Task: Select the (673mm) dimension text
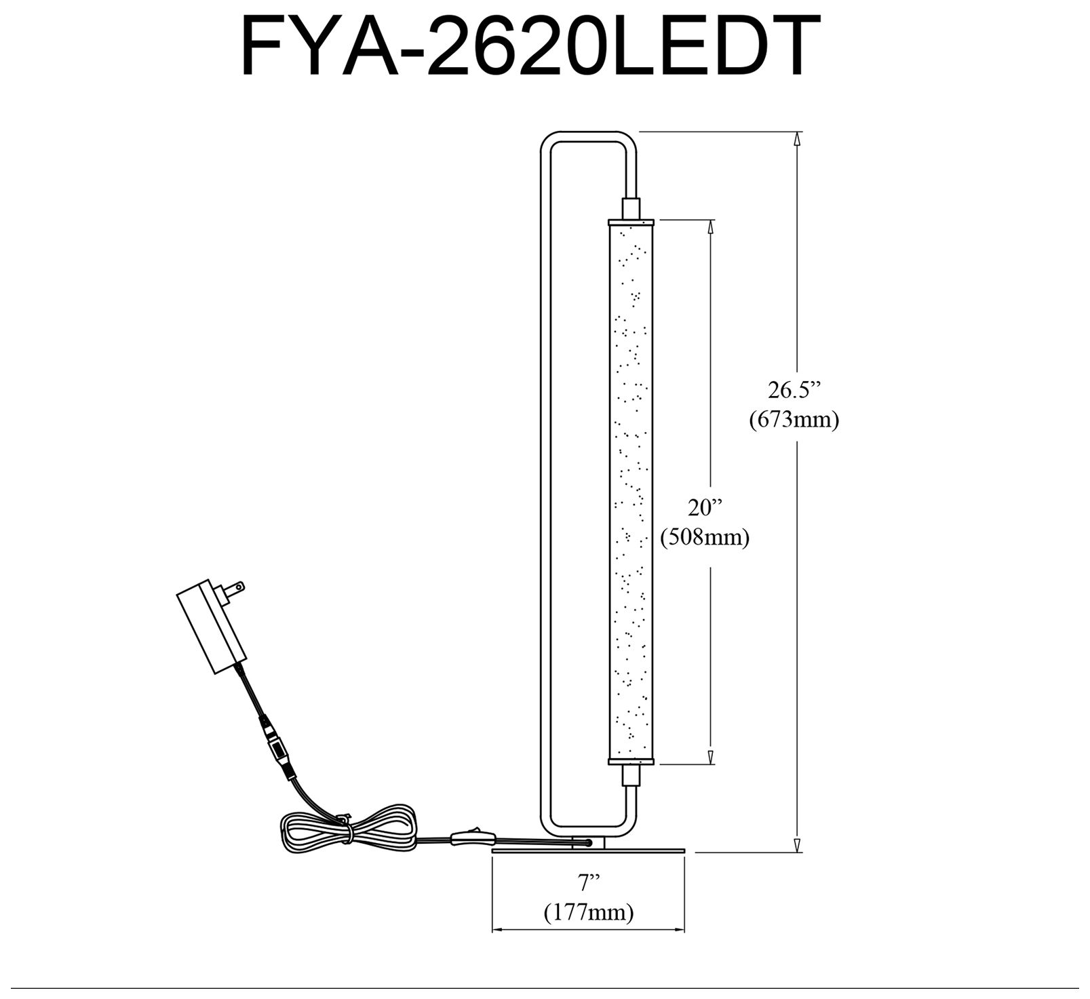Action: coord(794,420)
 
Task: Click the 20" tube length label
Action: coord(704,508)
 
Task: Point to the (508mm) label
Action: coord(705,538)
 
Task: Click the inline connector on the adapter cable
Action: coord(277,750)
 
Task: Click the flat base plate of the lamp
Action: coord(589,848)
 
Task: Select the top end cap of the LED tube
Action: coord(631,221)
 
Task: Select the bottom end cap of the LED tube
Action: coord(631,761)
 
